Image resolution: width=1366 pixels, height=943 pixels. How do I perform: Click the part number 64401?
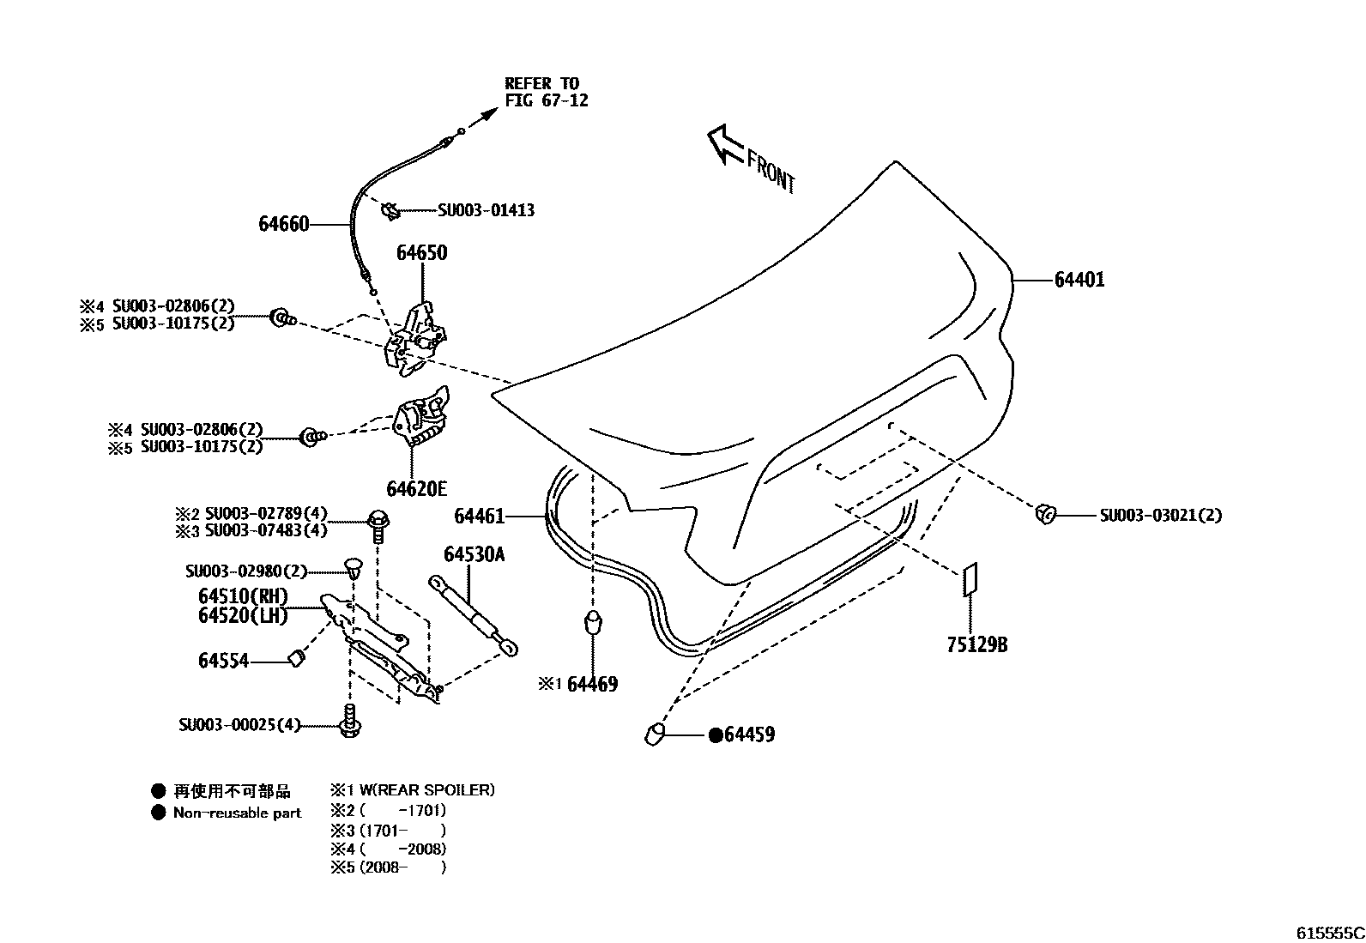(x=1079, y=280)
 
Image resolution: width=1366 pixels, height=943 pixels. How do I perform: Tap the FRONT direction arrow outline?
(x=722, y=144)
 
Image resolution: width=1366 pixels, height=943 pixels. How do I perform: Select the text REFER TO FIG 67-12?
(x=546, y=92)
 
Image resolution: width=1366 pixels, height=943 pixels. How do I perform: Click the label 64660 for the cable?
(x=283, y=225)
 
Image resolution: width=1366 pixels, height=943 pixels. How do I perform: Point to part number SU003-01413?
(x=486, y=210)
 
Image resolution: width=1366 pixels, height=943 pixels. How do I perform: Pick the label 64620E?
(x=416, y=489)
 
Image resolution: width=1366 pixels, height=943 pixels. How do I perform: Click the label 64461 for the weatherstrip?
(x=479, y=517)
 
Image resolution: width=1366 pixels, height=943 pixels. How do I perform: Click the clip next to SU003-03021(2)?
(x=1045, y=514)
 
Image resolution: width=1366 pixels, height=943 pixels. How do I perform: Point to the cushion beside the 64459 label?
(x=655, y=734)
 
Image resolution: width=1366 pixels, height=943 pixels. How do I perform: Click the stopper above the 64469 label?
(x=592, y=621)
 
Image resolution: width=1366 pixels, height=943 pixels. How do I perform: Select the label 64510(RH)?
(x=243, y=596)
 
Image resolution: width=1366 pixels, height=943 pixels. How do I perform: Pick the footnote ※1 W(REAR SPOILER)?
(x=412, y=790)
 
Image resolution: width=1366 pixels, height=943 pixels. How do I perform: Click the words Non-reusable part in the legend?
(x=237, y=813)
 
